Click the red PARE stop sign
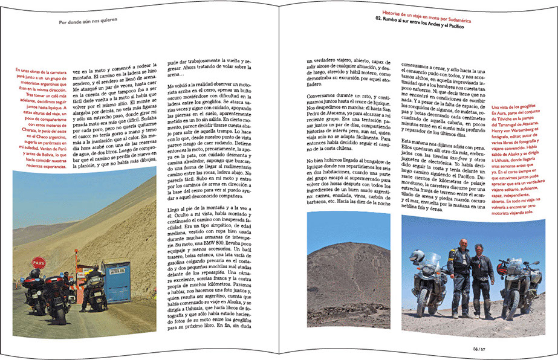39,263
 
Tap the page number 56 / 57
479,348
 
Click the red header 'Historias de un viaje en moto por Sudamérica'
435,12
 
